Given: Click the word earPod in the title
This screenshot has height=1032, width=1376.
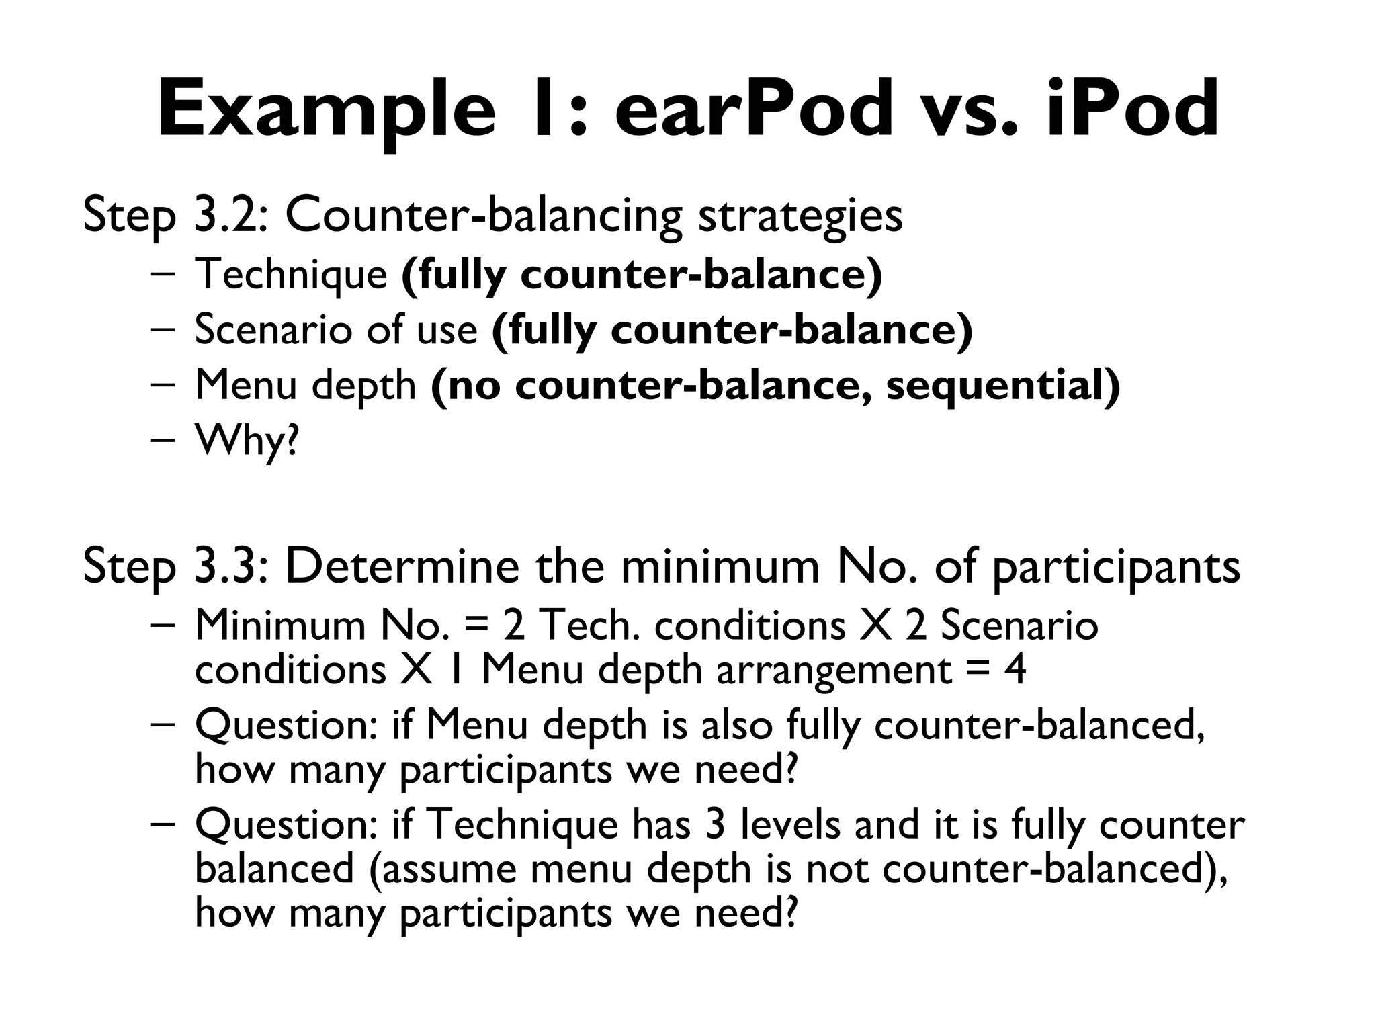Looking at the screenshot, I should (752, 110).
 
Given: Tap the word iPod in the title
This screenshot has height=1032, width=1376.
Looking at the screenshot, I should (1132, 110).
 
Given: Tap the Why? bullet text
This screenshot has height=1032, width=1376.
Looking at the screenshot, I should (246, 441).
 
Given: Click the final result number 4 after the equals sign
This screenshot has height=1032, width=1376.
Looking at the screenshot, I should (1015, 670).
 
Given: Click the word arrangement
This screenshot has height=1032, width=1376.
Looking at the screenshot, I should (834, 671).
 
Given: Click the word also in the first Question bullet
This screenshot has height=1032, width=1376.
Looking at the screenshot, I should (736, 726).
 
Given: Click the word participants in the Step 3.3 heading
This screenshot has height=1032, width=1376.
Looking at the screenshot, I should (1115, 568).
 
